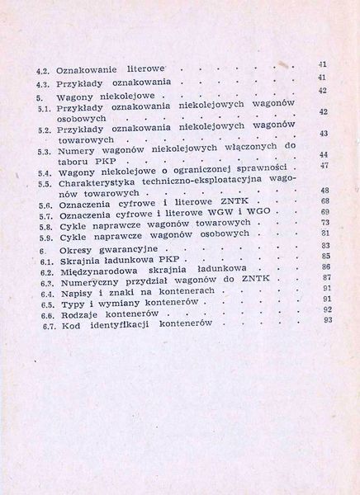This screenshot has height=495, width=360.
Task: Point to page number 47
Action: click(324, 166)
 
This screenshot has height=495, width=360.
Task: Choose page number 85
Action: click(324, 256)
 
